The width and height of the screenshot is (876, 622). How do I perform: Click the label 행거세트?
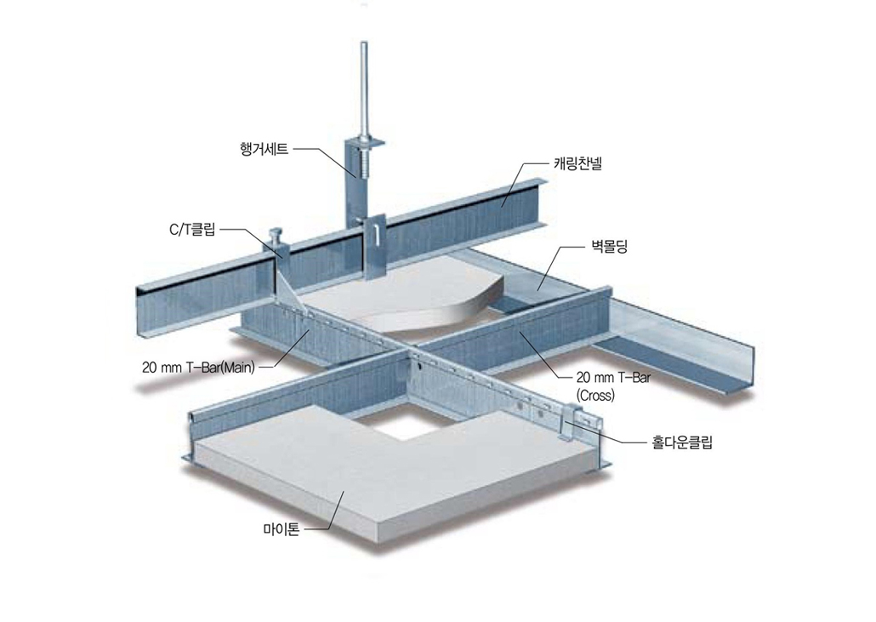[265, 150]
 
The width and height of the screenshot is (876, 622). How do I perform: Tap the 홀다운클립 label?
[683, 442]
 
